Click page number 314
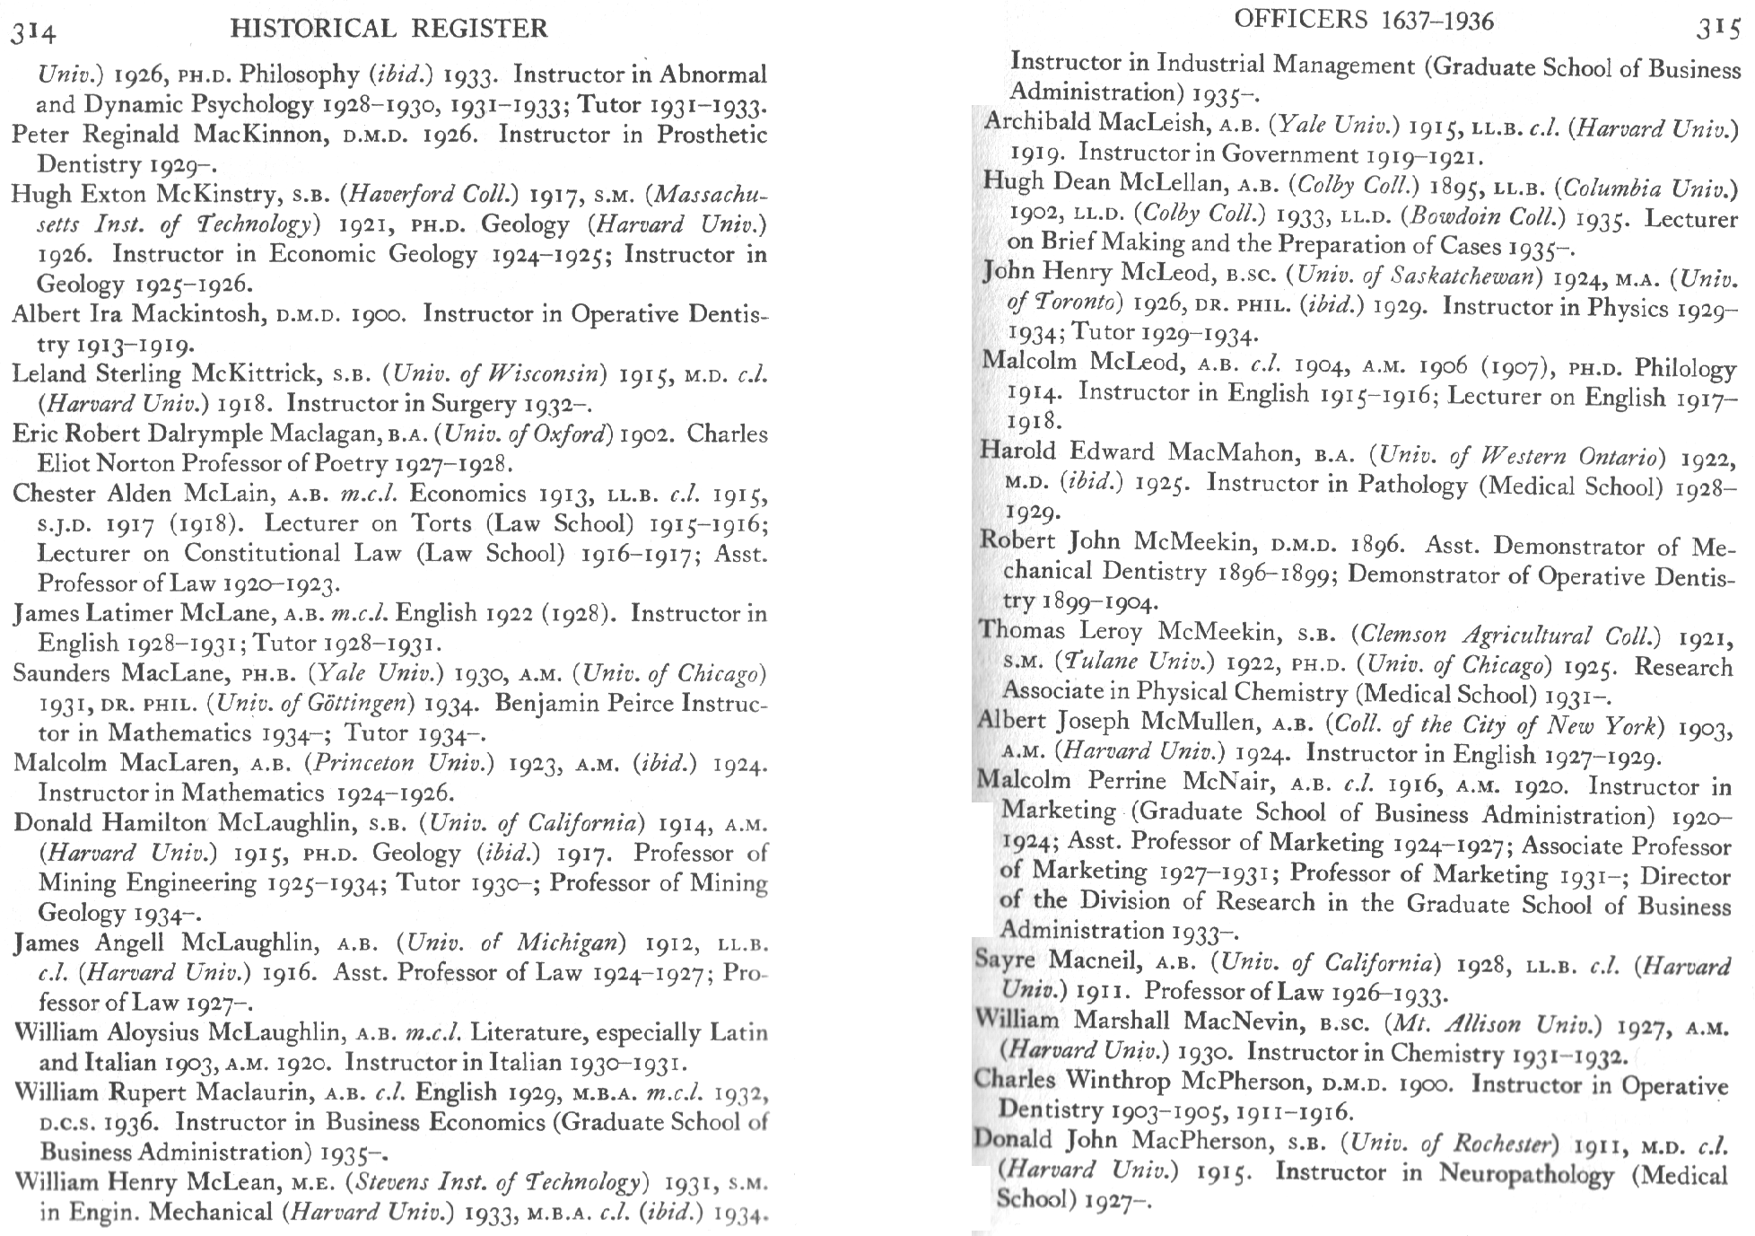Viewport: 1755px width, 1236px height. [x=33, y=33]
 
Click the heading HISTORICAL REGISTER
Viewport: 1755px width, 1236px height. [x=389, y=29]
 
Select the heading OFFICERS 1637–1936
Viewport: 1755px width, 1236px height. [x=1364, y=21]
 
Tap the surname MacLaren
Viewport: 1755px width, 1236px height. [x=179, y=763]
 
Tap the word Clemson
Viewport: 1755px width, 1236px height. [x=1406, y=635]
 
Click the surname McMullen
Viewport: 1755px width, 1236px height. [x=1198, y=722]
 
